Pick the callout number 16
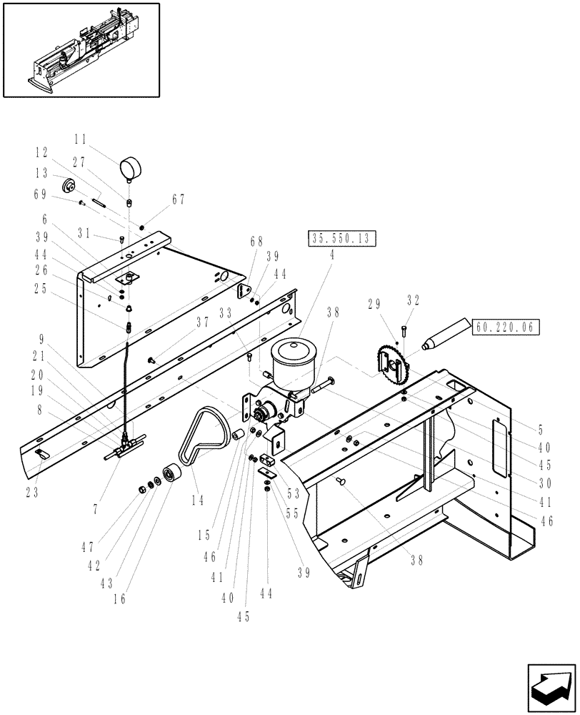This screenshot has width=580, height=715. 120,598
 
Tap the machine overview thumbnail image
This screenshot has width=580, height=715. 81,49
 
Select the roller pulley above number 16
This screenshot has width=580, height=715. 172,475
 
